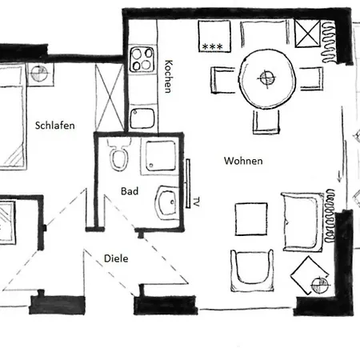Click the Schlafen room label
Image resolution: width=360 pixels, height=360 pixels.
pyautogui.click(x=55, y=125)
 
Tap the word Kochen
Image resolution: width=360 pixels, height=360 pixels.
pyautogui.click(x=169, y=77)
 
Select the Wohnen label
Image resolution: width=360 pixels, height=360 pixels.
pyautogui.click(x=244, y=161)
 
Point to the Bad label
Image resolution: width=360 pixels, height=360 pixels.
pyautogui.click(x=130, y=192)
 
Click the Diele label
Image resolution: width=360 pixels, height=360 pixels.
pyautogui.click(x=117, y=258)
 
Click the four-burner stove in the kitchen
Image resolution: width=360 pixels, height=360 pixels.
pyautogui.click(x=143, y=60)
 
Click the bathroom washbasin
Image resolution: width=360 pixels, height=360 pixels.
pyautogui.click(x=169, y=203)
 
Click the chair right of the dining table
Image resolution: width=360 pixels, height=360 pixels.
pyautogui.click(x=310, y=78)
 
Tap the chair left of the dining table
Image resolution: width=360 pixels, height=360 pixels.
pyautogui.click(x=223, y=80)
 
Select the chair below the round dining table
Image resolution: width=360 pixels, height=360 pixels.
pyautogui.click(x=266, y=121)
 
